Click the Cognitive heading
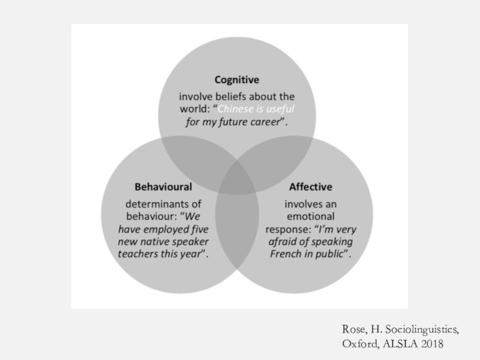(237, 79)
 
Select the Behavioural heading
(163, 187)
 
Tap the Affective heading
(310, 187)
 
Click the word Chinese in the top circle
(238, 109)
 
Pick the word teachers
(140, 254)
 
